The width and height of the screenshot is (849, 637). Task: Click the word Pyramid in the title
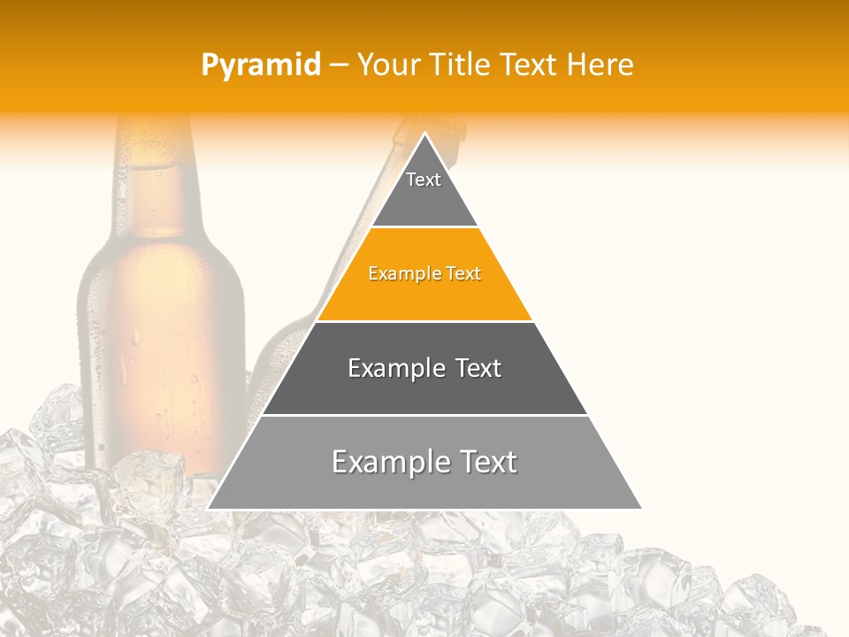pyautogui.click(x=261, y=65)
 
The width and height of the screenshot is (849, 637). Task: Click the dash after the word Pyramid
pyautogui.click(x=339, y=65)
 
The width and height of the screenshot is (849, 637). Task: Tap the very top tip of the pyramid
pyautogui.click(x=425, y=134)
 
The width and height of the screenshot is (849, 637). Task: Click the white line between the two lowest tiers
pyautogui.click(x=424, y=415)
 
